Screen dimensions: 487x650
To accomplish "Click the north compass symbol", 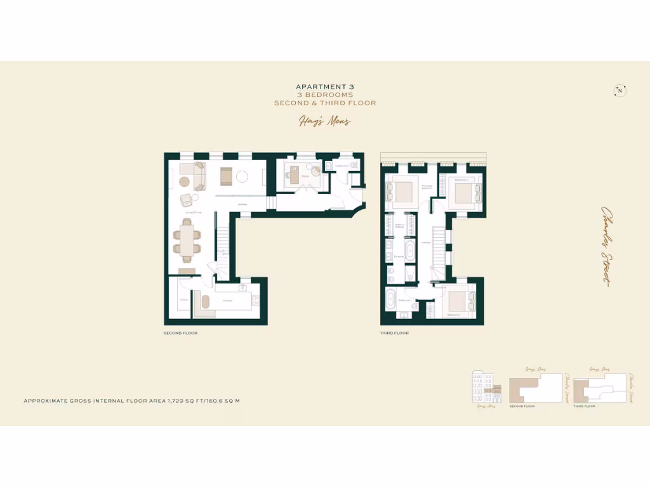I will pyautogui.click(x=620, y=91).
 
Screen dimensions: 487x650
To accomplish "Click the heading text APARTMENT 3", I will pyautogui.click(x=324, y=87).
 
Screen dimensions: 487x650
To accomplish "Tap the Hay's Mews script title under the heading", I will pyautogui.click(x=324, y=121).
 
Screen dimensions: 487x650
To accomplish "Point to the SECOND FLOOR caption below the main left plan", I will pyautogui.click(x=180, y=333).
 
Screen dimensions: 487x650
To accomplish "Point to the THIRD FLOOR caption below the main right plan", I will pyautogui.click(x=394, y=333).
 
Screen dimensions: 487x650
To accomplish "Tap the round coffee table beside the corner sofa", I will pyautogui.click(x=184, y=181).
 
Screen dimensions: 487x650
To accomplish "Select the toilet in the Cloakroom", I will pyautogui.click(x=353, y=166).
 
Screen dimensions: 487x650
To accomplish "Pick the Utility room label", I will pyautogui.click(x=183, y=299).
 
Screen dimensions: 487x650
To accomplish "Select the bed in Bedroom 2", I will pyautogui.click(x=464, y=190).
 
